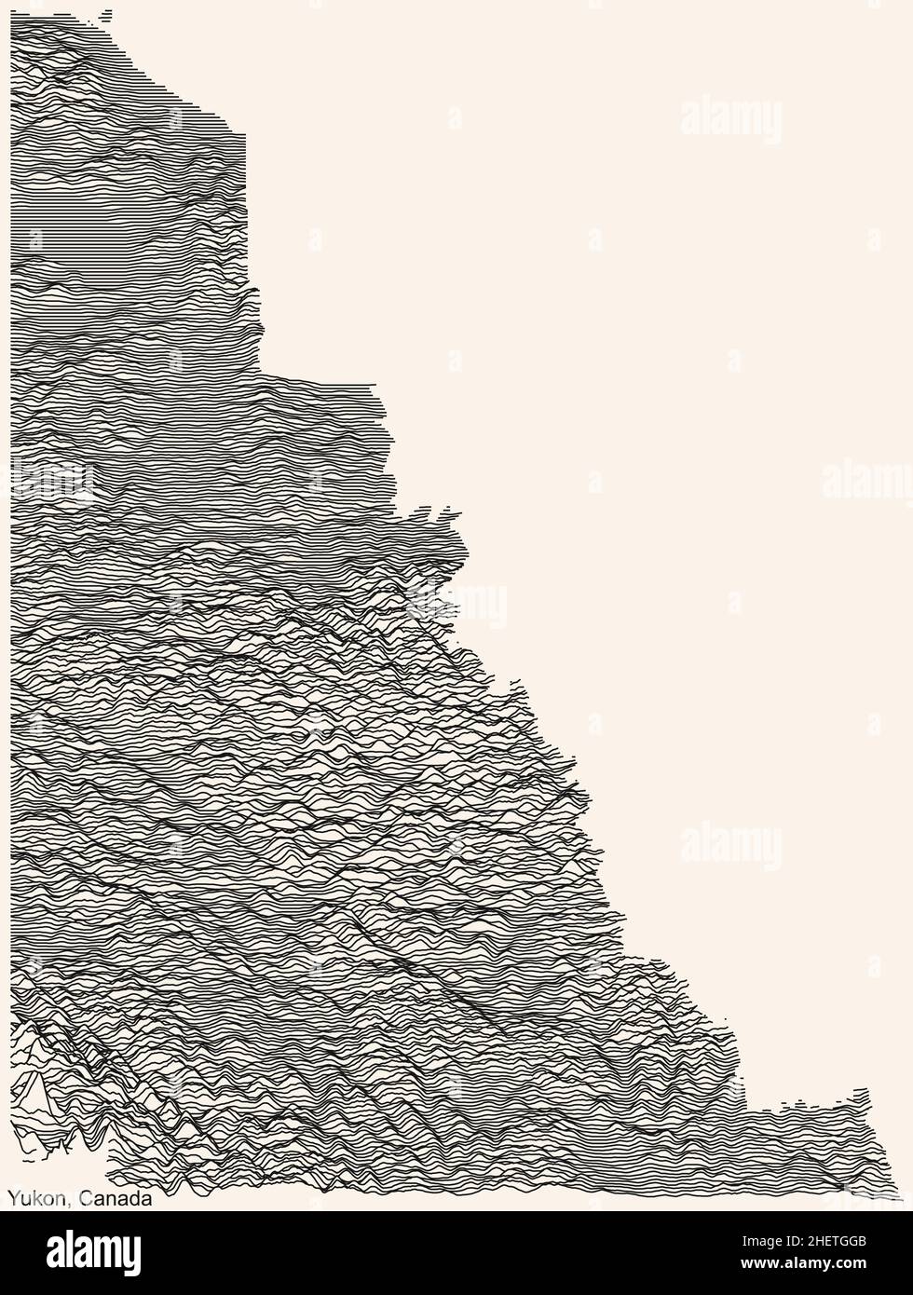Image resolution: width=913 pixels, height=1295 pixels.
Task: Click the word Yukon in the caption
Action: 35,1199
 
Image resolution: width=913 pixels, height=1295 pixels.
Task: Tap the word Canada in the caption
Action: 116,1199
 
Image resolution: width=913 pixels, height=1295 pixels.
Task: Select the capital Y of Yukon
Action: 13,1199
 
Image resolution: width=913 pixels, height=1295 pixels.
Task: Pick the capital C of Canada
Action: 85,1199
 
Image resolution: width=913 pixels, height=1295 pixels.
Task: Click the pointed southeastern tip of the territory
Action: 899,1196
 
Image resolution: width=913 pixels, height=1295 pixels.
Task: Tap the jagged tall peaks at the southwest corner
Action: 37,1090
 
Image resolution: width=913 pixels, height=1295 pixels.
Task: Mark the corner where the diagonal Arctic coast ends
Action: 244,135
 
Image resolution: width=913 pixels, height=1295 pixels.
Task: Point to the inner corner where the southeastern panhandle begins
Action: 745,1109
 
